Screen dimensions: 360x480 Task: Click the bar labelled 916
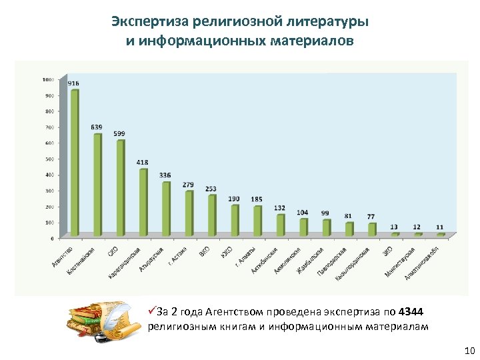point(75,163)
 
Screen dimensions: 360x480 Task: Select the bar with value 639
point(97,185)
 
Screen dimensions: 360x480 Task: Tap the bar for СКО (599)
point(121,188)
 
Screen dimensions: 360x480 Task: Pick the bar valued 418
point(143,203)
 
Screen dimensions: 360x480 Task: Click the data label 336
point(165,175)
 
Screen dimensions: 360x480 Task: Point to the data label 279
point(189,185)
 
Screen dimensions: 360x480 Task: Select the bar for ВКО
point(212,215)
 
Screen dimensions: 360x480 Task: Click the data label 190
point(234,199)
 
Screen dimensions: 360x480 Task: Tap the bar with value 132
point(280,225)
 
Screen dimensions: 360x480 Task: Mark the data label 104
point(303,212)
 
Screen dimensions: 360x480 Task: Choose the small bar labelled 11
point(440,235)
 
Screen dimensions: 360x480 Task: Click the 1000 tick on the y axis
point(48,79)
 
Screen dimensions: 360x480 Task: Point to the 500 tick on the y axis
point(49,159)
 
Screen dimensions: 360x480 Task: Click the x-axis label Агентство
point(63,257)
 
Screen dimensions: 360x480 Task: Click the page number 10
point(468,351)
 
